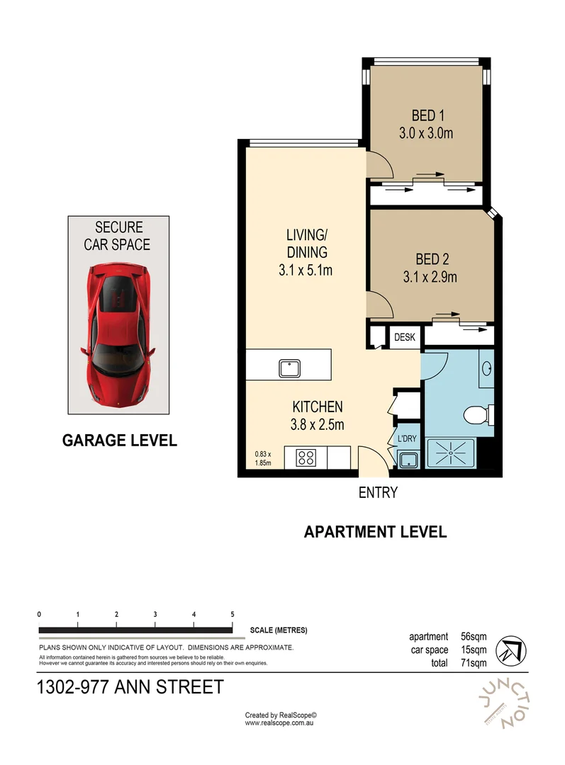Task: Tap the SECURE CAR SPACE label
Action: point(118,236)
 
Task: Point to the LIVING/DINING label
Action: point(306,243)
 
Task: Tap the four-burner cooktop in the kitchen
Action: point(306,457)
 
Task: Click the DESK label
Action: point(404,338)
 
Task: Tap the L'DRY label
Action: point(407,439)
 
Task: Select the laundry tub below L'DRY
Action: point(408,460)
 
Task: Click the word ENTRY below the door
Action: point(378,493)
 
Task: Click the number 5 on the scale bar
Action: point(233,614)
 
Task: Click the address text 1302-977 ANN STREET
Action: point(130,686)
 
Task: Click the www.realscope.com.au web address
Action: point(280,723)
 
